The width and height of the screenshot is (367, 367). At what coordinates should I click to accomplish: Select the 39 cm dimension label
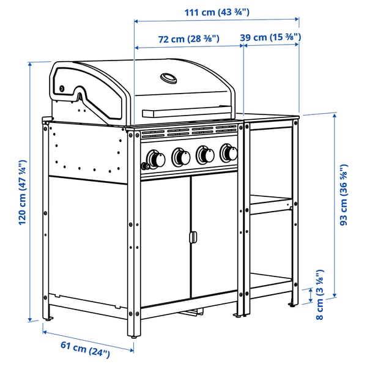[x=270, y=38]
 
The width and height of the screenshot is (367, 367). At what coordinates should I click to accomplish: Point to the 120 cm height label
[x=22, y=193]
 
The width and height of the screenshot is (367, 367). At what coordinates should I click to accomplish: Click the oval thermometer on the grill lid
[x=168, y=78]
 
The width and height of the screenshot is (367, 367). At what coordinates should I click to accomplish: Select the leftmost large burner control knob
[x=157, y=159]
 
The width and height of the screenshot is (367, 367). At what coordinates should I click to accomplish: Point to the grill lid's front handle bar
[x=187, y=112]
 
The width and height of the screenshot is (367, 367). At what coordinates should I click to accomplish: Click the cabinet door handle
[x=192, y=237]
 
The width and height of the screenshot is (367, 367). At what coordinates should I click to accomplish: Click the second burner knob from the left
[x=181, y=157]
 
